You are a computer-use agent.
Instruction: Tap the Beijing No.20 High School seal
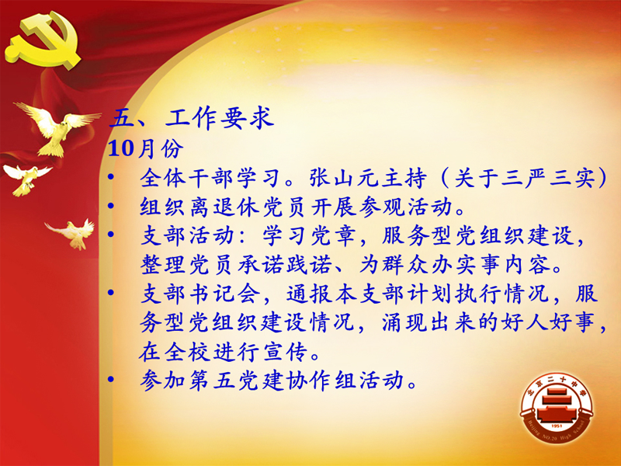(x=557, y=409)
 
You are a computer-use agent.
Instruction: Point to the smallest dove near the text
(x=71, y=234)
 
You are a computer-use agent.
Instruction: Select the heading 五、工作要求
(x=192, y=118)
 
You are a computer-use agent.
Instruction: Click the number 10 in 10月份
(x=121, y=148)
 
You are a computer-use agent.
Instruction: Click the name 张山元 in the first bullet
(x=344, y=178)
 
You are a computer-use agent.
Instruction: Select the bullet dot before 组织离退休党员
(x=111, y=206)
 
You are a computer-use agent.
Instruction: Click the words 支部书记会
(x=200, y=294)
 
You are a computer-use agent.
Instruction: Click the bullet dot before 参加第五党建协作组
(x=111, y=379)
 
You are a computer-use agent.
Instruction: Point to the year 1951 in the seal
(x=557, y=426)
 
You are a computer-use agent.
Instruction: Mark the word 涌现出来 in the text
(x=428, y=322)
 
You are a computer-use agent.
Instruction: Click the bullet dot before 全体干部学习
(x=111, y=177)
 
